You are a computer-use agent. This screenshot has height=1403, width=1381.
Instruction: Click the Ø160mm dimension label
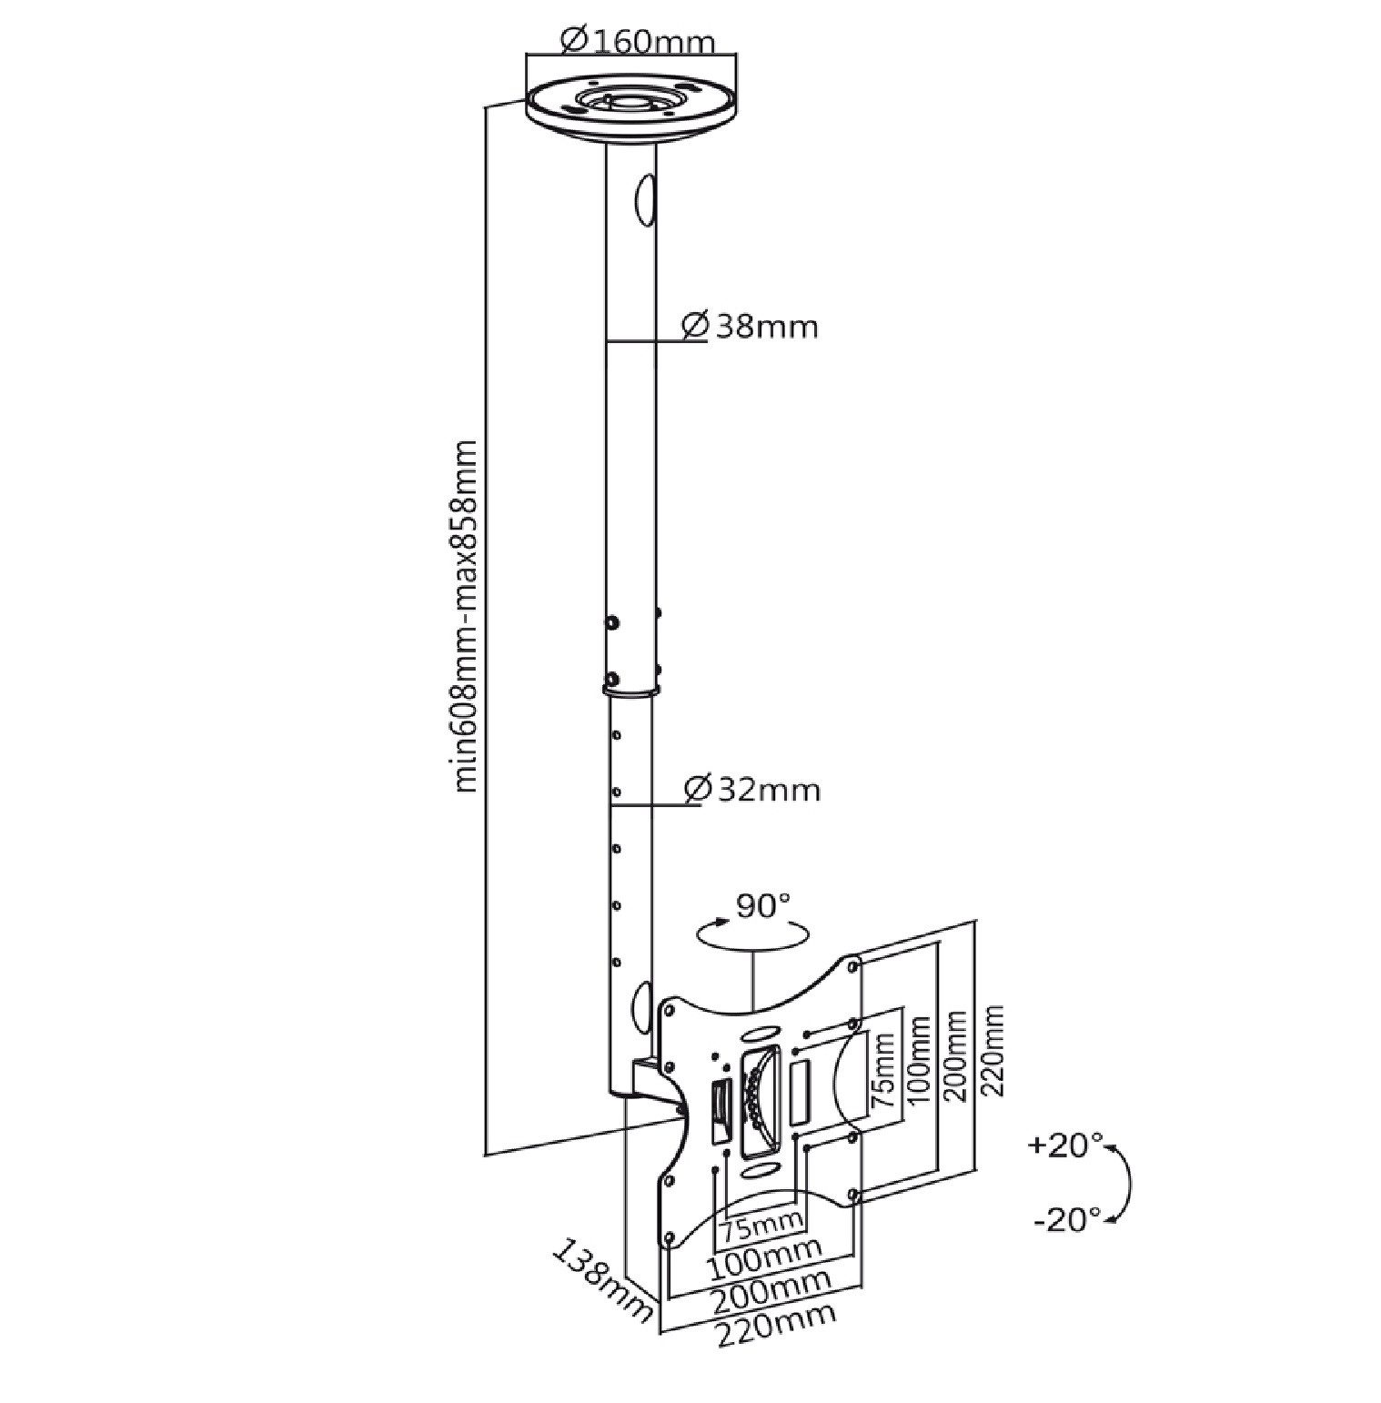pyautogui.click(x=638, y=41)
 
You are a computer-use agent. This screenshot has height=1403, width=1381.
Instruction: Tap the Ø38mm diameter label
pyautogui.click(x=750, y=326)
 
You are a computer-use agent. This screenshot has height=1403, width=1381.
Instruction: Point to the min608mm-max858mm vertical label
pyautogui.click(x=465, y=616)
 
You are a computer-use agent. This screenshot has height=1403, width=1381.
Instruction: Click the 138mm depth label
pyautogui.click(x=602, y=1279)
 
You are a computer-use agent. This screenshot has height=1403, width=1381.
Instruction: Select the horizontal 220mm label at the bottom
pyautogui.click(x=776, y=1326)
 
